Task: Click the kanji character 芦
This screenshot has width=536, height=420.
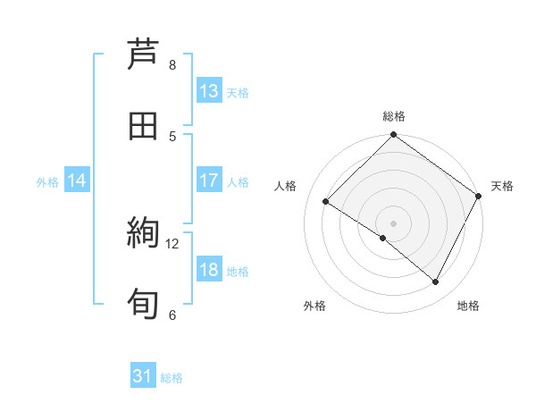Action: click(143, 53)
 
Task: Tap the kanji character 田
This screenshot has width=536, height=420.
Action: click(143, 126)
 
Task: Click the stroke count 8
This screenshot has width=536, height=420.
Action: click(172, 65)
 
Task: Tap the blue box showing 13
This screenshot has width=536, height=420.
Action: click(209, 90)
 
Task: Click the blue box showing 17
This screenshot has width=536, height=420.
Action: click(209, 181)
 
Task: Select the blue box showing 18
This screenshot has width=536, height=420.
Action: click(209, 271)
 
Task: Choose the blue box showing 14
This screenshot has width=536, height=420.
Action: click(77, 181)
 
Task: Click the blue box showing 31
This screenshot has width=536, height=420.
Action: click(143, 377)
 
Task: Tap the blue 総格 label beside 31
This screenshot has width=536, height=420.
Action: click(172, 378)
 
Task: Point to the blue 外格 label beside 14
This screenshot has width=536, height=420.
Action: click(47, 181)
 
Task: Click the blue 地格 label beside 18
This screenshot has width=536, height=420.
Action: click(238, 272)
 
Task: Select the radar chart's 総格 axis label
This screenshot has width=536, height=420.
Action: click(394, 116)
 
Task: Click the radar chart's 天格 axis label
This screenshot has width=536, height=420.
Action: click(502, 186)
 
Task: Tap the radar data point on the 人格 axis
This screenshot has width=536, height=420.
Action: click(326, 201)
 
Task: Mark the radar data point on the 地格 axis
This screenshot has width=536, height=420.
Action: click(436, 281)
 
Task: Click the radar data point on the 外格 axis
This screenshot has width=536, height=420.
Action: click(383, 238)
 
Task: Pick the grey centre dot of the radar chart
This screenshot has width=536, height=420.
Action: click(394, 223)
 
